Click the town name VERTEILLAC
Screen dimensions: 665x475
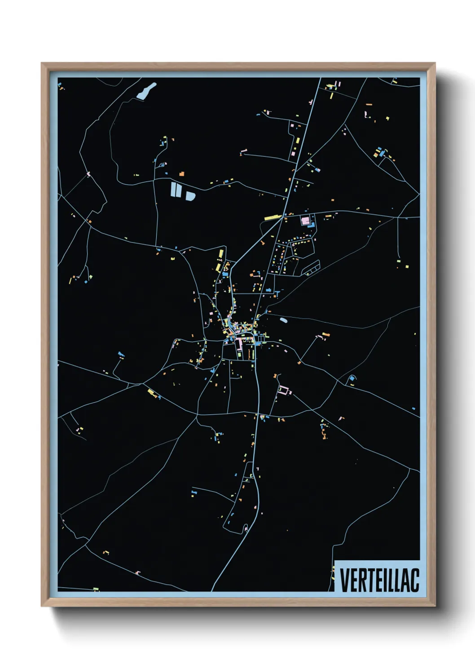coord(379,580)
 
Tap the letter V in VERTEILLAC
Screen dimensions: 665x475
coord(344,580)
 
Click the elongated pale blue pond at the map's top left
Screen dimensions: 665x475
coord(146,91)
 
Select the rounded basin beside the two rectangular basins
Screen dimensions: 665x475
coord(190,196)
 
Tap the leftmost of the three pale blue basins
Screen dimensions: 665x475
coord(173,189)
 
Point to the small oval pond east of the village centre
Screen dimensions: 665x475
coord(284,320)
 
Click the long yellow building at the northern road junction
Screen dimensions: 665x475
coord(273,217)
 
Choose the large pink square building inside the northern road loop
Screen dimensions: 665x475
coord(306,221)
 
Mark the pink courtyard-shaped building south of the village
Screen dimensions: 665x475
coord(284,390)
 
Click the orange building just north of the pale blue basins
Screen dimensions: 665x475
coord(182,173)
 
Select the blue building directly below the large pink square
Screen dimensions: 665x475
coord(310,227)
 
